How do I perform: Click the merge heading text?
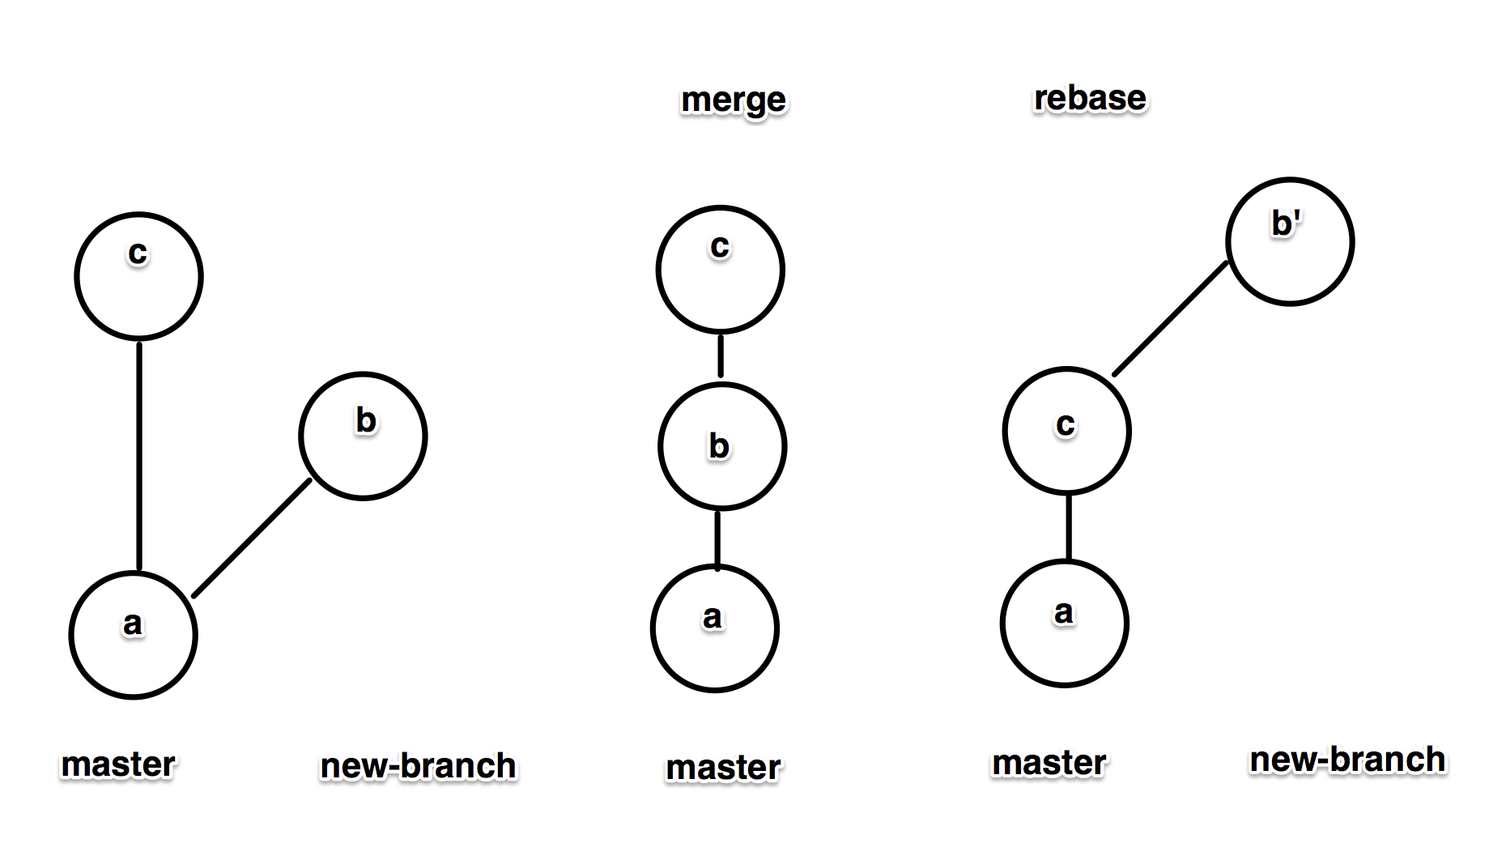[x=734, y=100]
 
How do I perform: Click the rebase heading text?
[x=1090, y=98]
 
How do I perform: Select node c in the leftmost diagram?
[x=138, y=276]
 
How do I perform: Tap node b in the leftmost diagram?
[x=363, y=436]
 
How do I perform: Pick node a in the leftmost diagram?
[x=134, y=634]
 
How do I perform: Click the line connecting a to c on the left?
[x=139, y=455]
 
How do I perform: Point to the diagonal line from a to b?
[x=252, y=538]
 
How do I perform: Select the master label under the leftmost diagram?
[x=118, y=764]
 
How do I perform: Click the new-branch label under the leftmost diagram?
[x=418, y=766]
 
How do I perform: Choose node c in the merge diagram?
[x=720, y=270]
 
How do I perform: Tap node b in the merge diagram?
[x=721, y=446]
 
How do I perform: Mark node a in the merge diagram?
[x=714, y=628]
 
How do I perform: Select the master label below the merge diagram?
[x=723, y=767]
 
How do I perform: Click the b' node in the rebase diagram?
[x=1290, y=241]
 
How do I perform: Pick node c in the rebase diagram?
[x=1066, y=430]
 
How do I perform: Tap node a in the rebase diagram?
[x=1064, y=623]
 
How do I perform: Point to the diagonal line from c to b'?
[x=1171, y=319]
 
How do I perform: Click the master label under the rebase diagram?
[x=1049, y=762]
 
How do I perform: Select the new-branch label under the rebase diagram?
[x=1347, y=760]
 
